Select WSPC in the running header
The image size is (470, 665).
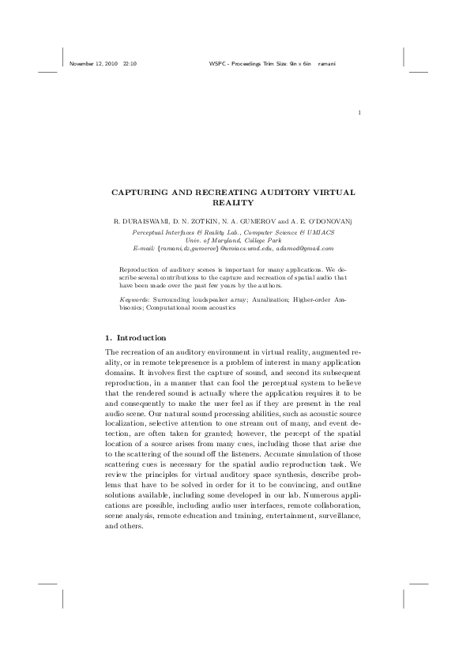click(217, 62)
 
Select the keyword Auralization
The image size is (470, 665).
click(271, 300)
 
